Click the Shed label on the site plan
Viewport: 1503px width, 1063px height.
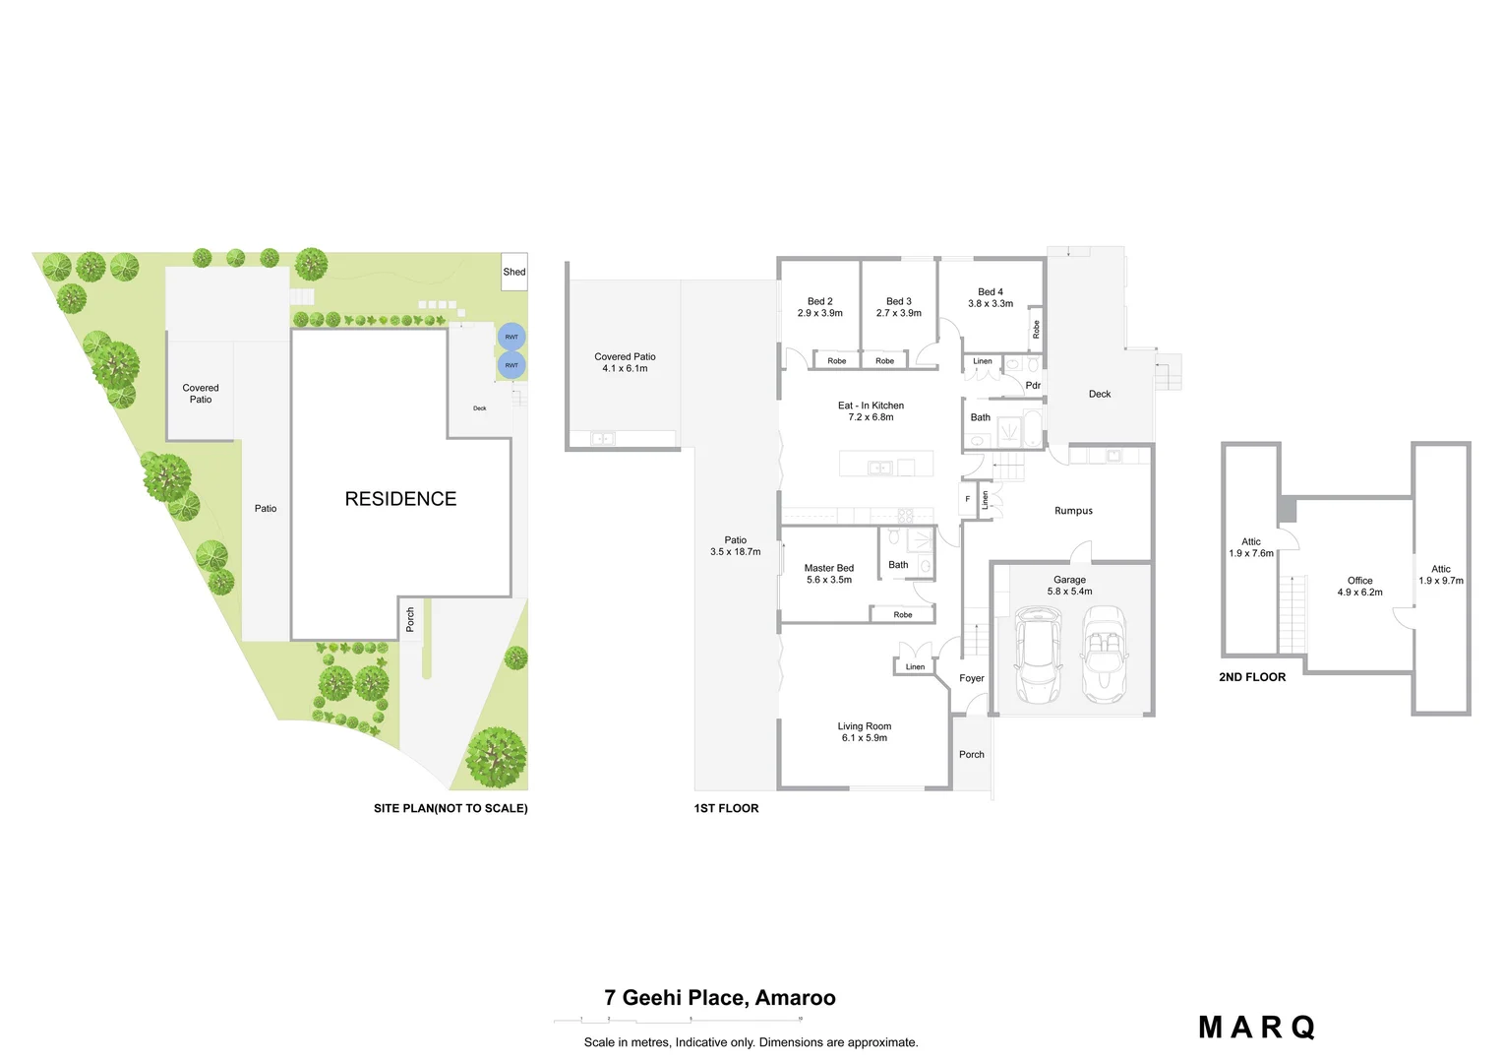click(514, 272)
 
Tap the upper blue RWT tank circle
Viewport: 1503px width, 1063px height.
click(511, 337)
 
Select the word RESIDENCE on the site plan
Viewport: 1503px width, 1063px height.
click(400, 499)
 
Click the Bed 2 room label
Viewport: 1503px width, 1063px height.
click(819, 301)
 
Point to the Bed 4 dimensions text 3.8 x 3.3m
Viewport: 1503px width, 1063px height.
click(991, 304)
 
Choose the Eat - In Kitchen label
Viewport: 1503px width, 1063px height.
click(871, 406)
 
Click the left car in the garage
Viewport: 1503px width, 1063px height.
click(1038, 654)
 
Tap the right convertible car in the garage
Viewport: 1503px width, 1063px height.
click(1104, 654)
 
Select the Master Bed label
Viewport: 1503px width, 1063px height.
click(828, 568)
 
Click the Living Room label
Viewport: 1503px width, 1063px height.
click(864, 726)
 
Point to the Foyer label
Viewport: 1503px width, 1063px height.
click(972, 678)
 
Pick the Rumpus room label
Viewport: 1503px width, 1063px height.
click(1073, 511)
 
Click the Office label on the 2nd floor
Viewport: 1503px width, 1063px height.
click(1359, 581)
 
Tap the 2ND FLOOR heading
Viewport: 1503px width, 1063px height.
click(1252, 677)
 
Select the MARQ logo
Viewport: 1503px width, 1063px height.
click(1256, 1028)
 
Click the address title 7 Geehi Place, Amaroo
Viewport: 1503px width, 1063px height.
click(720, 998)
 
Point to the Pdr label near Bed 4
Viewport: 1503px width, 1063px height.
click(1033, 386)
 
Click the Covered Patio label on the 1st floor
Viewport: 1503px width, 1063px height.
click(625, 357)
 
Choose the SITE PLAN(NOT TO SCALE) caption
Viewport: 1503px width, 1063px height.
click(451, 808)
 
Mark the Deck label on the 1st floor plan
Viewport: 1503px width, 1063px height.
click(1100, 394)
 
